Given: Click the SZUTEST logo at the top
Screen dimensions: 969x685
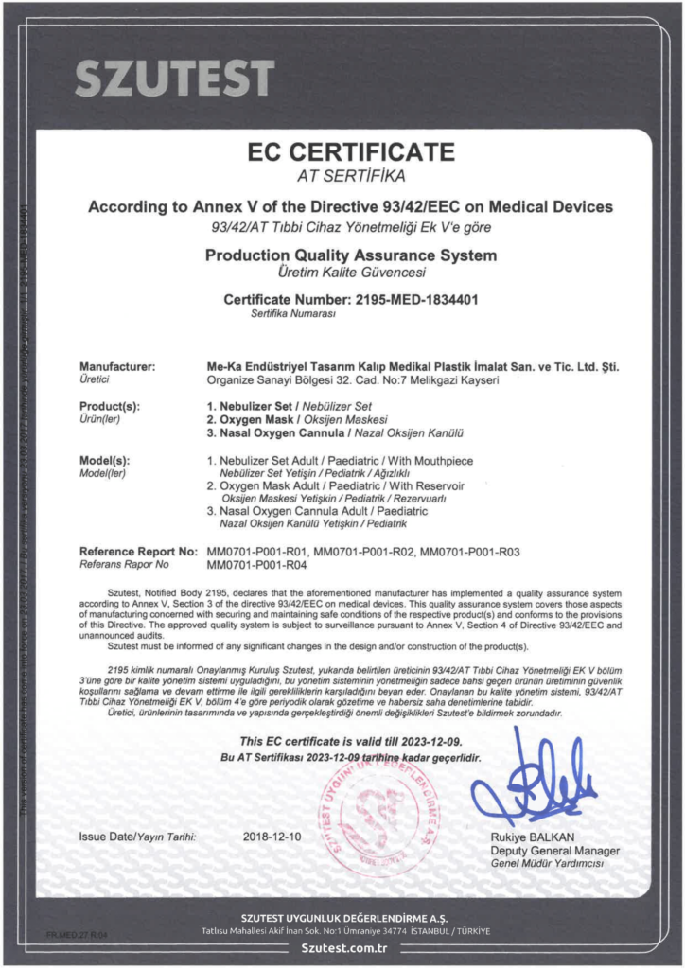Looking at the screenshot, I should point(174,78).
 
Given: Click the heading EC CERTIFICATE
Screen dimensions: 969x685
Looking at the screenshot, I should point(351,151).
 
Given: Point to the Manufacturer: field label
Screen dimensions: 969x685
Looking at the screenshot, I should point(117,366).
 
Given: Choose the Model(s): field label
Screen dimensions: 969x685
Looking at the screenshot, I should point(105,460).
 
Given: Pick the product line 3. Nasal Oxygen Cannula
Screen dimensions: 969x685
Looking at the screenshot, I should point(277,432).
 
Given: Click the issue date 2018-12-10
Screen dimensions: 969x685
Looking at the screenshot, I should point(270,837).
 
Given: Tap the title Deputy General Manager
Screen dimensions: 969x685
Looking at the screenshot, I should point(554,851).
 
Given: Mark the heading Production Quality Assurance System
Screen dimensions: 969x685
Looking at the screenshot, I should point(351,255).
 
